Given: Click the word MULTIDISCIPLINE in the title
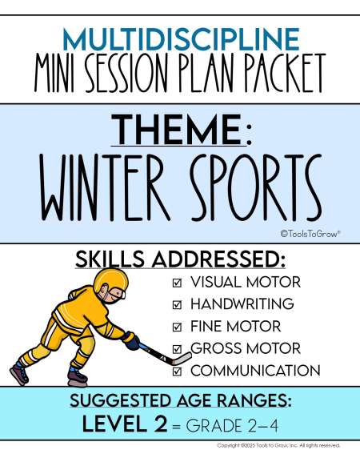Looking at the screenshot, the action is click(x=181, y=39).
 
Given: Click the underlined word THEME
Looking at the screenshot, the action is click(x=178, y=130).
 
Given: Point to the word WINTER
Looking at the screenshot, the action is click(x=105, y=187).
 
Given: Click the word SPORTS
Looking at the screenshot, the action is click(x=256, y=187).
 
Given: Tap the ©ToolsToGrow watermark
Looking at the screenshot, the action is click(x=310, y=234).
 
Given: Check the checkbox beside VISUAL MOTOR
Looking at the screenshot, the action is click(x=177, y=283).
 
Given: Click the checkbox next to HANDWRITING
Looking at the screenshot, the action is click(x=177, y=304).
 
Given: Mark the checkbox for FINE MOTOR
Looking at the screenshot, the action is click(x=177, y=327).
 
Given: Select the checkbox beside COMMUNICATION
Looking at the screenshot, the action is click(x=177, y=372).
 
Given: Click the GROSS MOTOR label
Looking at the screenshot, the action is click(x=246, y=348).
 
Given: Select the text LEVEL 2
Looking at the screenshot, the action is click(x=125, y=424).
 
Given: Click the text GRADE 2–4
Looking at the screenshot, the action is click(x=233, y=426).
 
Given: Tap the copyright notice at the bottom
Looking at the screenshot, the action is click(x=278, y=445).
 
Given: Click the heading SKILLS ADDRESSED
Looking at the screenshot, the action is click(x=180, y=259).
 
